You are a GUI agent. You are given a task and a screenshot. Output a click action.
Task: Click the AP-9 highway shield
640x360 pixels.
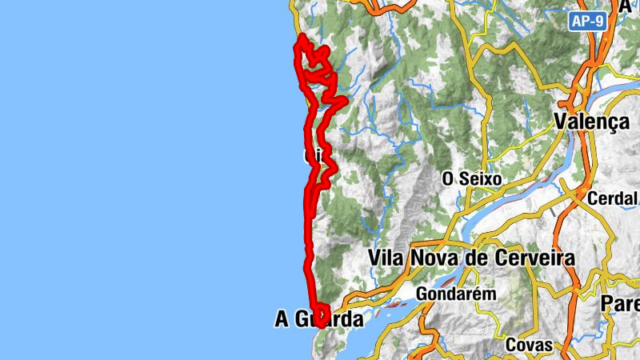pyautogui.click(x=587, y=22)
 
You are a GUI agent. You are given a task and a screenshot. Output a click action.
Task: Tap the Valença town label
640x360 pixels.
pyautogui.click(x=592, y=122)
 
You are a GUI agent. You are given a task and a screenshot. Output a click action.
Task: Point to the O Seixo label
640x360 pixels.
pyautogui.click(x=472, y=179)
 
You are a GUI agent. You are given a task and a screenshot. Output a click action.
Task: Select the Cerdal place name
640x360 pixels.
pyautogui.click(x=613, y=198)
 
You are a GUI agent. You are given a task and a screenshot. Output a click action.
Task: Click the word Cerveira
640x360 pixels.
pyautogui.click(x=530, y=258)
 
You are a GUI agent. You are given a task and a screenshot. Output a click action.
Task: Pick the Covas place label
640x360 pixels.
pyautogui.click(x=530, y=345)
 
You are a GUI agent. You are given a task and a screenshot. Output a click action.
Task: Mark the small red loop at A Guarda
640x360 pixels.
pyautogui.click(x=322, y=315)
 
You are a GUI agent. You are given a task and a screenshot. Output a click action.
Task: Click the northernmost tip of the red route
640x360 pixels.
pyautogui.click(x=300, y=38)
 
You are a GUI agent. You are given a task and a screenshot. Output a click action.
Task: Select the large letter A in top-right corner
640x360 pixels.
pyautogui.click(x=625, y=6)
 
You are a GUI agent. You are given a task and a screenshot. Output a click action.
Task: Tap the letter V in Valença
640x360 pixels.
pyautogui.click(x=562, y=122)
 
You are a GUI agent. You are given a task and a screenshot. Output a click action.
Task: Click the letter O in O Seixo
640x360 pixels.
pyautogui.click(x=449, y=179)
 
